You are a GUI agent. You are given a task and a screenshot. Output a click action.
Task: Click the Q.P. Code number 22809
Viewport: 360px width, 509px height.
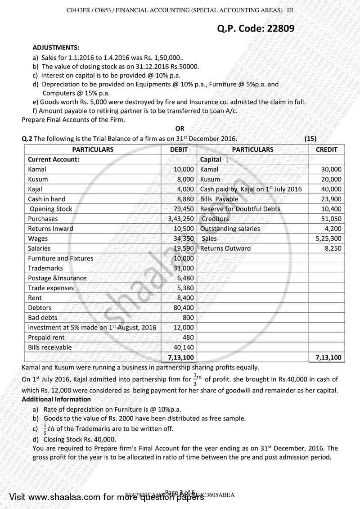[276, 29]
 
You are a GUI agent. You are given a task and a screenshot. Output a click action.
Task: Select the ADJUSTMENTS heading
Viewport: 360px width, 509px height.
[56, 47]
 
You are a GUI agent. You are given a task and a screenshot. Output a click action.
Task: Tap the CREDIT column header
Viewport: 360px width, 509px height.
[327, 149]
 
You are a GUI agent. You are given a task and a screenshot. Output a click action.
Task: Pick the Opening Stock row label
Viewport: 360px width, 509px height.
[50, 209]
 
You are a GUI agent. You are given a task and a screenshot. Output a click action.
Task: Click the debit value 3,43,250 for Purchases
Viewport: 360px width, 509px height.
[181, 219]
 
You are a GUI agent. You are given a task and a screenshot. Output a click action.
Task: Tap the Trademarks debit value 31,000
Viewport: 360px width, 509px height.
[184, 268]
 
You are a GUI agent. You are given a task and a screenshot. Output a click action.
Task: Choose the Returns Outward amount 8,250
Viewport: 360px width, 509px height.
[333, 248]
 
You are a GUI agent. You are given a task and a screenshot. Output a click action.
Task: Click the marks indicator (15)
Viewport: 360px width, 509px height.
[311, 139]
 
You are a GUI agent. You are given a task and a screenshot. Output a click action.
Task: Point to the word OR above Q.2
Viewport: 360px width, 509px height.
[180, 129]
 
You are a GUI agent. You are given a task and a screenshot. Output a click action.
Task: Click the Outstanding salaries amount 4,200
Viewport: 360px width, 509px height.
[333, 229]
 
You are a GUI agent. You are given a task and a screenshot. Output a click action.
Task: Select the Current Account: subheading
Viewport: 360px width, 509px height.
[54, 159]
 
